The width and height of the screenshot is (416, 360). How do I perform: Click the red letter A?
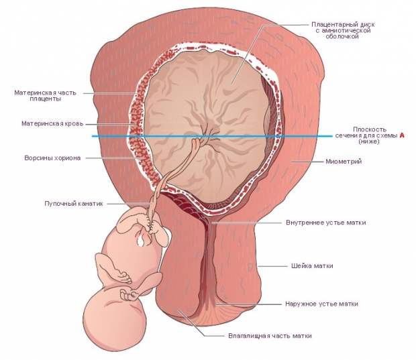point(403,135)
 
